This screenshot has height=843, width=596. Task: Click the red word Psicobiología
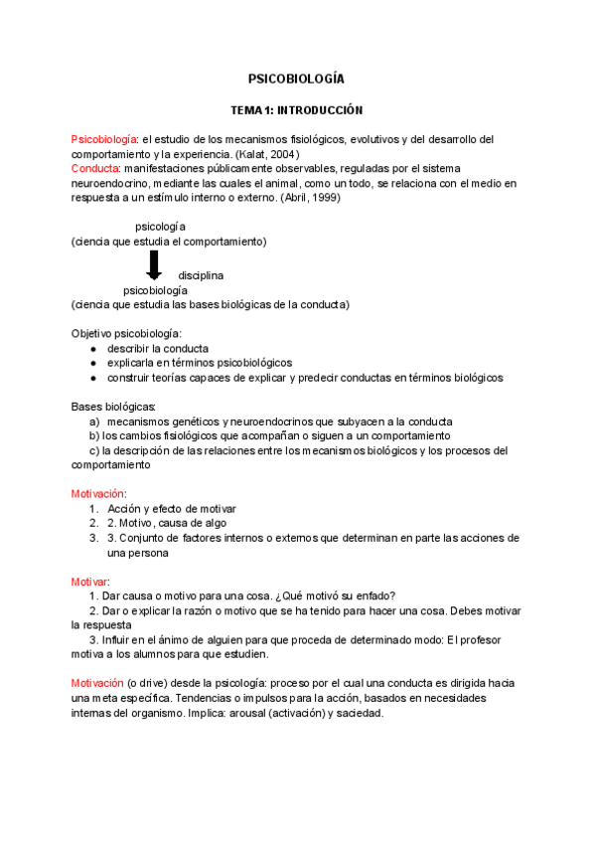[x=104, y=139]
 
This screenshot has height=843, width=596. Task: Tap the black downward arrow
[x=154, y=265]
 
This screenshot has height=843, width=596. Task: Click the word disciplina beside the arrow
[x=201, y=274]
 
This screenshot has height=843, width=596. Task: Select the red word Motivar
[x=89, y=581]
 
